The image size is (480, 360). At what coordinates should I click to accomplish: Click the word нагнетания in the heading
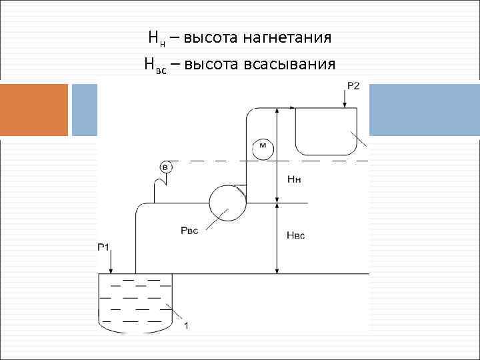tap(289, 37)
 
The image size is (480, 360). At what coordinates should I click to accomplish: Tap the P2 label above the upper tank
tap(353, 85)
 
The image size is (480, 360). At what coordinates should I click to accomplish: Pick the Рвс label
tap(189, 231)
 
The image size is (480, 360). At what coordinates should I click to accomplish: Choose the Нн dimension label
tap(294, 179)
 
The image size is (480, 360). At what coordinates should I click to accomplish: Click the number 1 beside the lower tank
tap(186, 326)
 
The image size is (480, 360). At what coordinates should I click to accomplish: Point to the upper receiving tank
tap(327, 130)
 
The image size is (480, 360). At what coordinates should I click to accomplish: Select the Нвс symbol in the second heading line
tap(155, 65)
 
